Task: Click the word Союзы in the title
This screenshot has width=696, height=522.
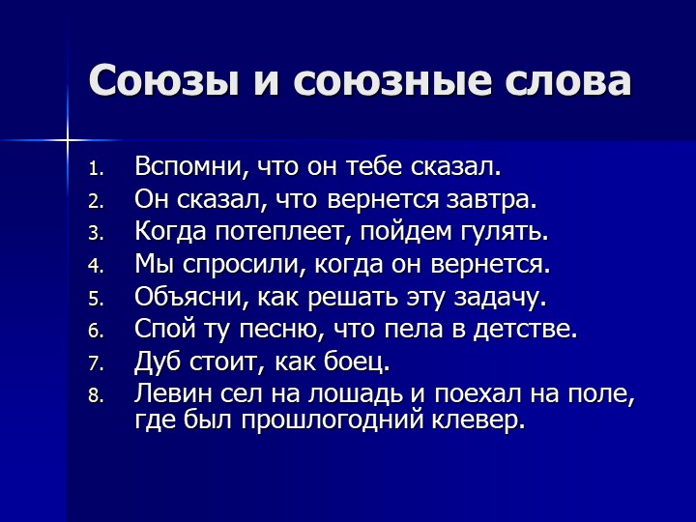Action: pos(164,81)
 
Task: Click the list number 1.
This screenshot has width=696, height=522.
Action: pos(96,168)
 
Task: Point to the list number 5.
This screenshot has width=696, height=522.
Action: pos(96,299)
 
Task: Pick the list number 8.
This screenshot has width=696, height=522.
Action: pos(96,395)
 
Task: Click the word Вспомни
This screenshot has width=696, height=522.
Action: pos(189,166)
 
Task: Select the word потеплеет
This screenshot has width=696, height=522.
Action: pos(284,232)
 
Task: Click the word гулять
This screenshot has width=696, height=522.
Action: pos(505,232)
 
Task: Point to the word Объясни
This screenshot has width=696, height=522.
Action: pos(190,296)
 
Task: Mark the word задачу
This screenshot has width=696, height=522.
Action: pos(500,298)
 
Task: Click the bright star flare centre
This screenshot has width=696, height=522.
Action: pos(68,140)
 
